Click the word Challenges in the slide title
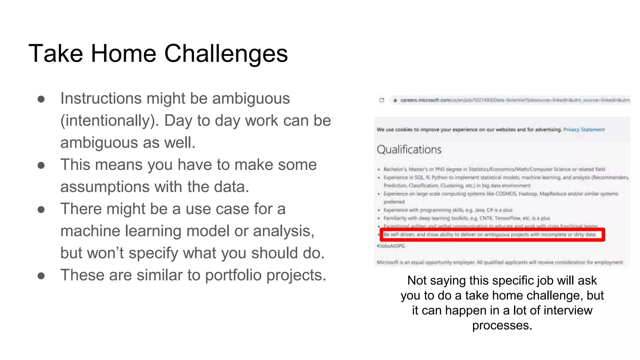[x=226, y=54]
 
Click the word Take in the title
[x=56, y=54]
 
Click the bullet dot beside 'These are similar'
[x=41, y=276]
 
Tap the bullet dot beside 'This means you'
[x=41, y=165]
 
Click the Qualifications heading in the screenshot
[x=409, y=150]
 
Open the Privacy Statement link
[x=584, y=130]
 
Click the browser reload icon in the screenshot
[x=382, y=100]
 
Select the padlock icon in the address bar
[x=395, y=100]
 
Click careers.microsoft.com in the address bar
[x=425, y=100]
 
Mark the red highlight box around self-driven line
[x=492, y=235]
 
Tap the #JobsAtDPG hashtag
[x=391, y=246]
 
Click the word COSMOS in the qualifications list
[x=506, y=194]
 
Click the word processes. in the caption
[x=502, y=326]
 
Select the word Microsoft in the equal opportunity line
[x=387, y=262]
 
